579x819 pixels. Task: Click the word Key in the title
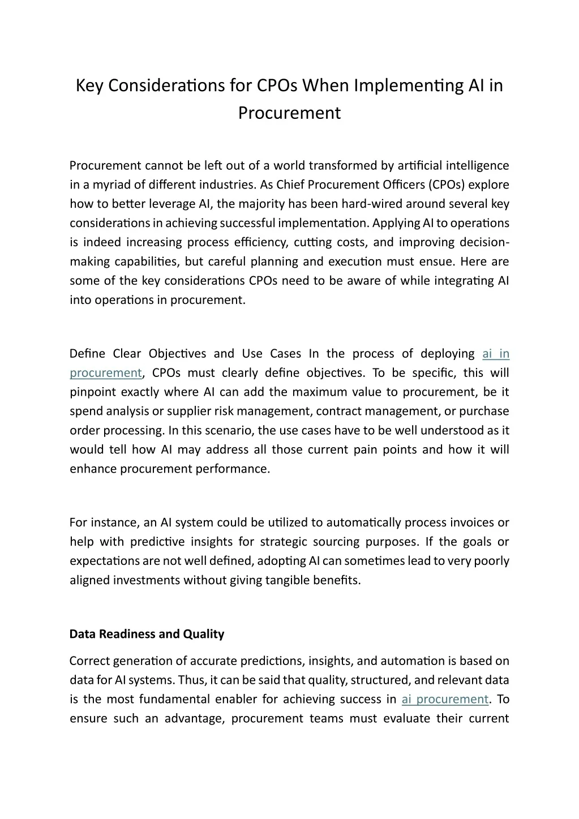tap(89, 85)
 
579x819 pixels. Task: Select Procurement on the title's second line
tap(289, 113)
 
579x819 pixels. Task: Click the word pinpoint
tap(91, 392)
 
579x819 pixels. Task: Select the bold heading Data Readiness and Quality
tap(147, 634)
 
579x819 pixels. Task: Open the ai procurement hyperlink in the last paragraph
tap(445, 699)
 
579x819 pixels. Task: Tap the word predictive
tap(157, 542)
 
